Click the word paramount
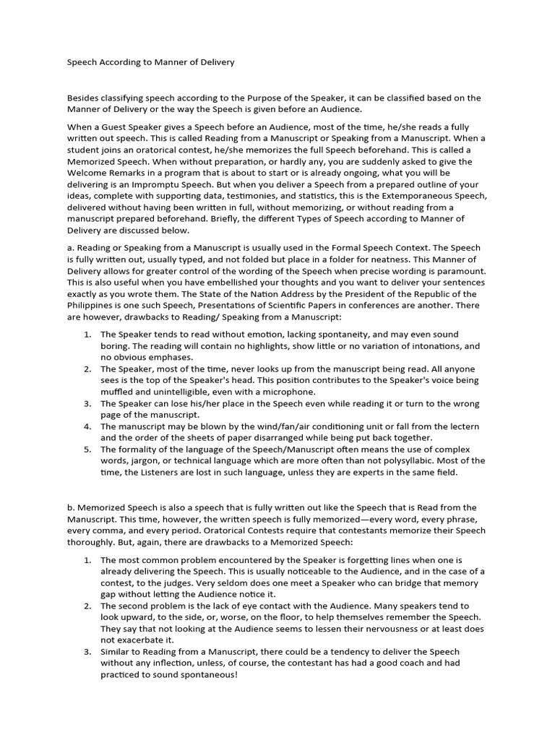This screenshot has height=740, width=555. tap(455, 270)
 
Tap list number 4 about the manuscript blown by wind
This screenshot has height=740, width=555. tap(87, 426)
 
